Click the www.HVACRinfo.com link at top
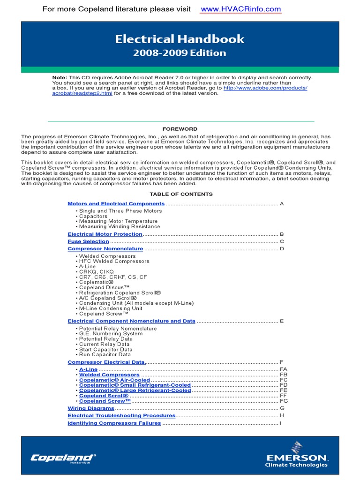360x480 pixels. click(240, 9)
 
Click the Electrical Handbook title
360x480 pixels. click(180, 39)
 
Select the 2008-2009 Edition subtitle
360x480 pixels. click(180, 53)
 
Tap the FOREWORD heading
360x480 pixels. click(180, 129)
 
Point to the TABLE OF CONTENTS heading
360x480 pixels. click(181, 194)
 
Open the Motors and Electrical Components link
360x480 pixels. click(116, 204)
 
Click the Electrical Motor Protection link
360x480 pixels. click(105, 234)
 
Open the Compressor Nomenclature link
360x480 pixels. click(105, 249)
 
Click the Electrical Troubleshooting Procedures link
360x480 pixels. click(121, 416)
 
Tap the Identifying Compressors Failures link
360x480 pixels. click(114, 423)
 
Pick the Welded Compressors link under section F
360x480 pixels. click(109, 375)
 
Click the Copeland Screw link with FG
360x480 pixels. click(105, 401)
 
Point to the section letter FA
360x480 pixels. click(284, 369)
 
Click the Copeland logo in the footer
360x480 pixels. click(63, 458)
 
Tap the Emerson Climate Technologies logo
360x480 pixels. click(296, 454)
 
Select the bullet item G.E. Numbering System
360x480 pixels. click(111, 334)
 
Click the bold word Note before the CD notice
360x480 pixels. click(59, 78)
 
